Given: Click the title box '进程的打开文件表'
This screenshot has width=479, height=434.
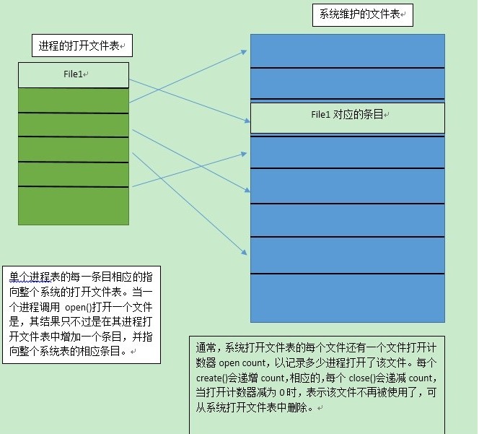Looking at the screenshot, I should (x=81, y=46).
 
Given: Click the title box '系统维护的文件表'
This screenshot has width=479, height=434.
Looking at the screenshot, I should (x=362, y=14).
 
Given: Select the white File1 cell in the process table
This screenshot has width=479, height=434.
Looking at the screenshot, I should (x=73, y=74).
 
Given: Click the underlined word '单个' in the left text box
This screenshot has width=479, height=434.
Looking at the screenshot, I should (x=17, y=277).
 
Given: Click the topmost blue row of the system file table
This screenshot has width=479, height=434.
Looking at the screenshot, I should (x=347, y=50).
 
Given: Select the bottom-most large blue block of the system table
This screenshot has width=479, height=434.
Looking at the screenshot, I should (x=347, y=298).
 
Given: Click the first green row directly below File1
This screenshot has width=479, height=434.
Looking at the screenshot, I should (x=73, y=100).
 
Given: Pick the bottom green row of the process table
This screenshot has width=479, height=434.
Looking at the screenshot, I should (x=73, y=205).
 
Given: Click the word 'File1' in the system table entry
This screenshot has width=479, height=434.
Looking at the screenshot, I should (x=320, y=115).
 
